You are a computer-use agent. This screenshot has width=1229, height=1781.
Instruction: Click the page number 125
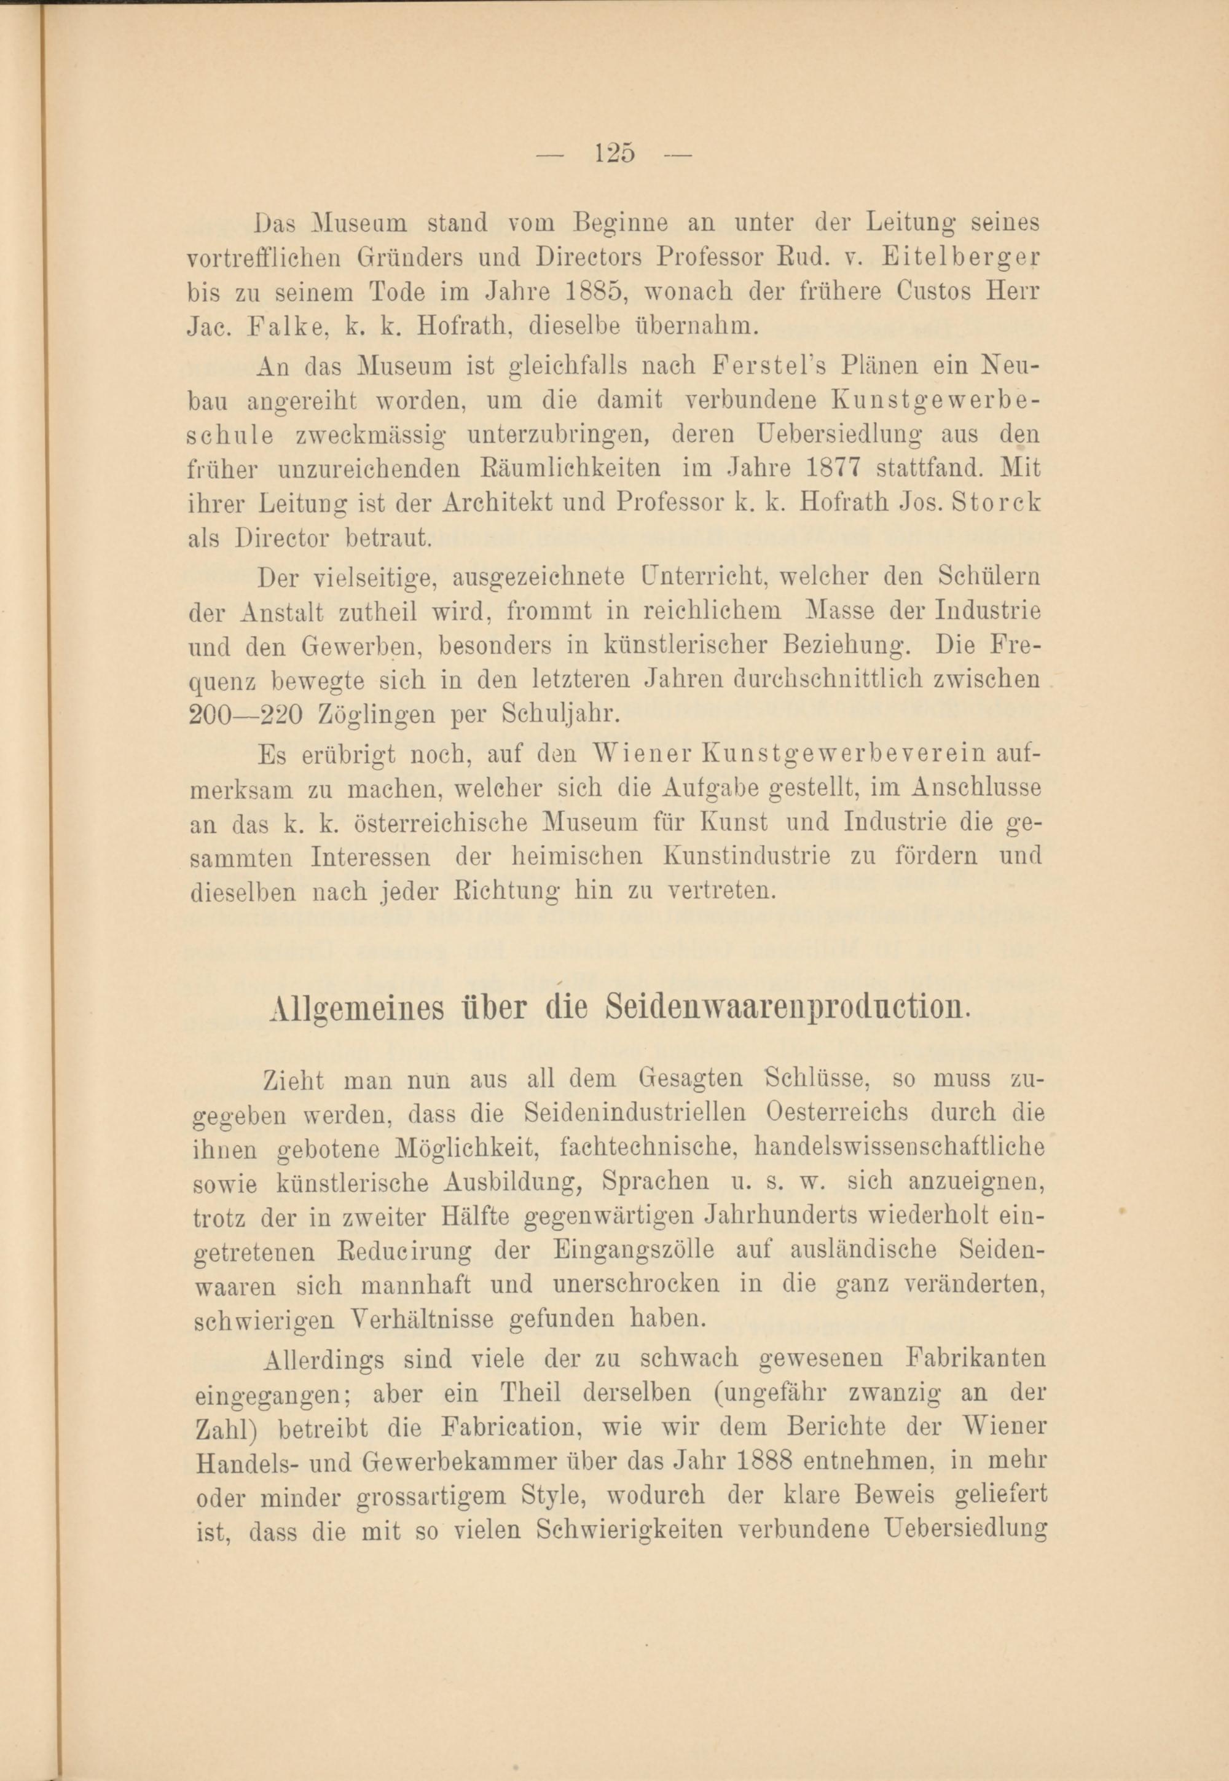614,152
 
